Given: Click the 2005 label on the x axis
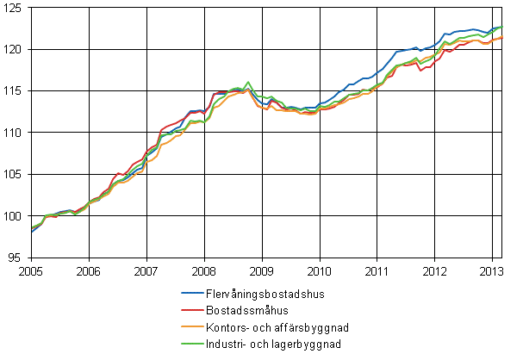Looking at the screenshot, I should (x=31, y=270).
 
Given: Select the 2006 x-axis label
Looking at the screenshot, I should (x=89, y=270).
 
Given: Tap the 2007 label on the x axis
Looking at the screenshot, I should (x=146, y=270).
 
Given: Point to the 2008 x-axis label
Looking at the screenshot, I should (x=204, y=270).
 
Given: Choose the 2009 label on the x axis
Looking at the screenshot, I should (x=262, y=270).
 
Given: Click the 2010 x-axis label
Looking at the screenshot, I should (x=320, y=270).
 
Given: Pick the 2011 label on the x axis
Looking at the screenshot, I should (x=377, y=270).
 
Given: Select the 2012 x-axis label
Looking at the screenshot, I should (x=435, y=270).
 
